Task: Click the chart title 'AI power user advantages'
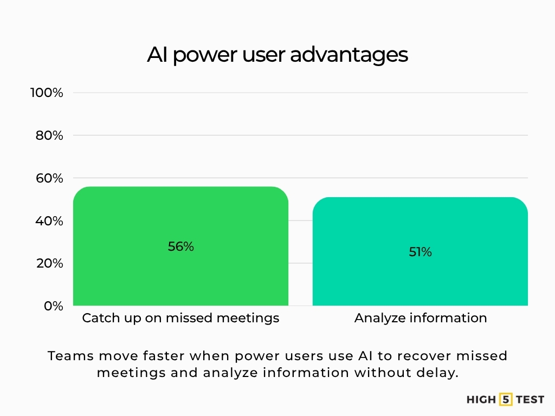[x=277, y=55]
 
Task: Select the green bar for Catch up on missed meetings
[x=180, y=271]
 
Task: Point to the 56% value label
[x=180, y=246]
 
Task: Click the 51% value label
[x=420, y=252]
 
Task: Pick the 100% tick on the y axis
[x=47, y=93]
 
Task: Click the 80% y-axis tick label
[x=50, y=135]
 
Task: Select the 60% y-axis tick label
[x=50, y=178]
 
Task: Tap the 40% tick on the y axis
[x=50, y=221]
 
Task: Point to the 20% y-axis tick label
[x=50, y=263]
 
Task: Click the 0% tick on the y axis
[x=53, y=306]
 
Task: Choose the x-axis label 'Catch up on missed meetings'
[x=180, y=318]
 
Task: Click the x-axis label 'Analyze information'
[x=421, y=318]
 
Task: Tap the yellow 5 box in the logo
[x=506, y=400]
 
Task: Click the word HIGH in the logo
[x=481, y=400]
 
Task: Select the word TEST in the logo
[x=530, y=400]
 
